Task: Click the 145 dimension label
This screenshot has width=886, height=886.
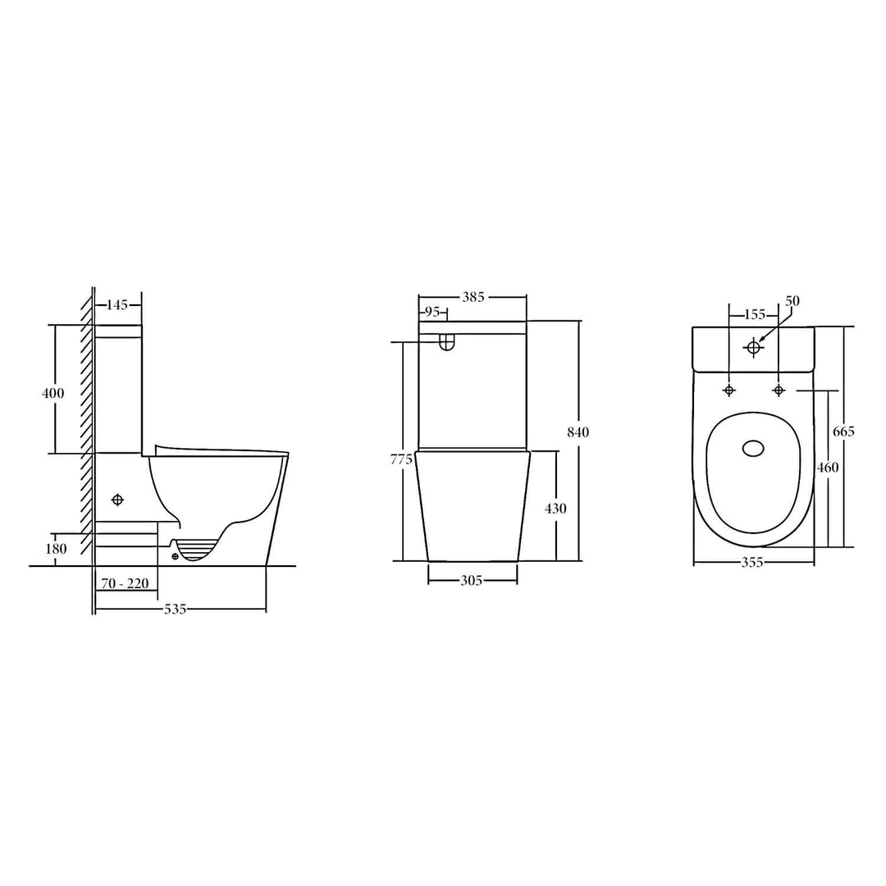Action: (x=118, y=305)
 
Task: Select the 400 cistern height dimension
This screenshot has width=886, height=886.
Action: (x=53, y=393)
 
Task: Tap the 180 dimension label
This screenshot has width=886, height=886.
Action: (x=56, y=549)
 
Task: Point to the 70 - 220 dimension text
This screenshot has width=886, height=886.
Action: (x=124, y=584)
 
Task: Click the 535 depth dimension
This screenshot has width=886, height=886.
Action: (x=176, y=609)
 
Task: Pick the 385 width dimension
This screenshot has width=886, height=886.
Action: (x=473, y=297)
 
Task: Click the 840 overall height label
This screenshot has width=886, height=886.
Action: (x=578, y=432)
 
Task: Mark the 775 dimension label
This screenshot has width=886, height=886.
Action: (x=402, y=459)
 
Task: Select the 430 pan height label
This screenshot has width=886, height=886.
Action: (x=555, y=509)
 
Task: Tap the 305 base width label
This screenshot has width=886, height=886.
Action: (x=471, y=581)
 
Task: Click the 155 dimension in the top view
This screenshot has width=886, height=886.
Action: (x=754, y=314)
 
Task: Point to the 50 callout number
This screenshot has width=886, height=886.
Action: (x=792, y=301)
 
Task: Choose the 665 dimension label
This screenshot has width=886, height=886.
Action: (x=843, y=432)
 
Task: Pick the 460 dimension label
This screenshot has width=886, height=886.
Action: (x=827, y=467)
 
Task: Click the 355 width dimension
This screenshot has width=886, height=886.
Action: (x=752, y=563)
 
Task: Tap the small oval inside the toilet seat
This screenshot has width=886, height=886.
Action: (x=752, y=448)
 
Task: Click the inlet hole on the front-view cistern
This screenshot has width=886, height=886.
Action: (x=447, y=344)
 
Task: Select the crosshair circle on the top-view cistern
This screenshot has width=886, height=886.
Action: (x=754, y=347)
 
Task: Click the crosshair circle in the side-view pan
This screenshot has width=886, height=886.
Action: (x=117, y=500)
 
